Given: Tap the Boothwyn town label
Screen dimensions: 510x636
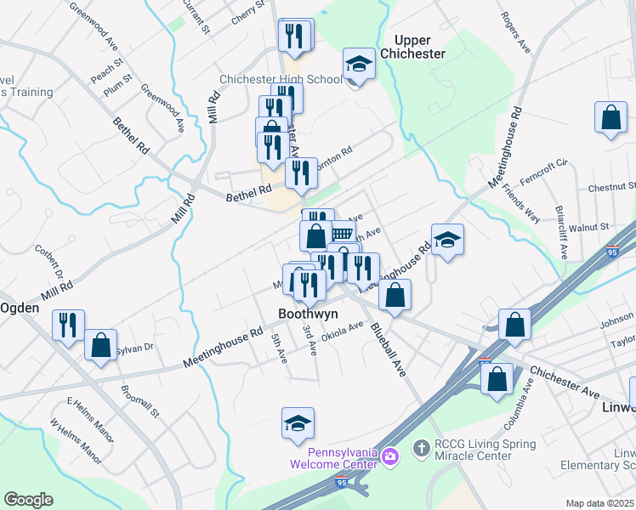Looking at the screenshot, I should click(x=308, y=314).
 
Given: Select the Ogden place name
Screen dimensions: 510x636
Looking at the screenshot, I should click(x=20, y=308).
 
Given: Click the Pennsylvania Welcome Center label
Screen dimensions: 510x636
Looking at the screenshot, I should click(x=332, y=458).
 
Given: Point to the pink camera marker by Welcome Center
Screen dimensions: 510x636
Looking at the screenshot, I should click(x=390, y=457).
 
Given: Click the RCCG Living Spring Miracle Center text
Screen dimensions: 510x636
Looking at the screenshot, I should click(x=486, y=450).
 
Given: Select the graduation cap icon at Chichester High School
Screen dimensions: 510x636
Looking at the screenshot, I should click(x=359, y=65).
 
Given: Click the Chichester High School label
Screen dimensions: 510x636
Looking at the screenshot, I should click(x=281, y=80).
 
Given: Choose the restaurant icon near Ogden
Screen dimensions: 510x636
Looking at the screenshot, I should click(x=68, y=325).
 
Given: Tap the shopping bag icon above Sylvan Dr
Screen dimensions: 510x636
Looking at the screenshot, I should click(x=100, y=345).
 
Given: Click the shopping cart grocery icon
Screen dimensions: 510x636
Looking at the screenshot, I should click(x=342, y=235).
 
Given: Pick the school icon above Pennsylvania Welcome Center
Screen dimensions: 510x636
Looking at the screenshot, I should click(x=298, y=423).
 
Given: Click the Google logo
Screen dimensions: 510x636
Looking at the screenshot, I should click(x=28, y=500).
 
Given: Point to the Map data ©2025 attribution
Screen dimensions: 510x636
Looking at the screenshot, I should click(x=599, y=503).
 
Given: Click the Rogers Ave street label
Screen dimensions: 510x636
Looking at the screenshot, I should click(x=516, y=33).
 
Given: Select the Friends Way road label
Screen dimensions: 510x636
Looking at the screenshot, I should click(x=520, y=201).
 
